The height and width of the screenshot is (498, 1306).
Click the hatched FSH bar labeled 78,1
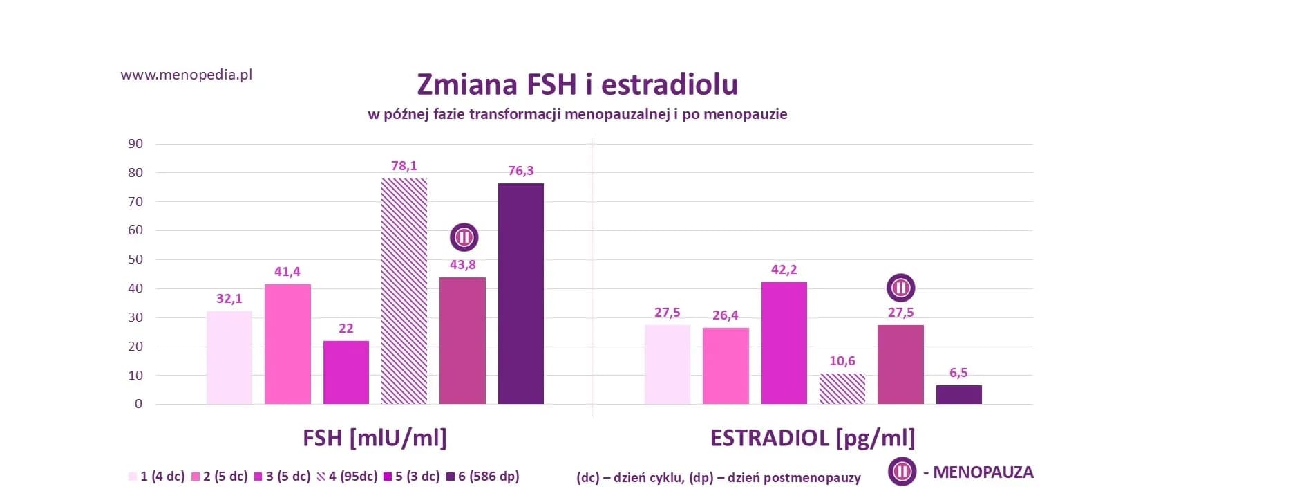(404, 290)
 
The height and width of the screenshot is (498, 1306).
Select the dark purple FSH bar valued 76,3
(520, 294)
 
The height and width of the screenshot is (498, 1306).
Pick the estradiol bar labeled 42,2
(784, 342)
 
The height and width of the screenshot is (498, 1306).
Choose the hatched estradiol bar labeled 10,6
(842, 389)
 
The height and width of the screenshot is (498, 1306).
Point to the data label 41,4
(287, 272)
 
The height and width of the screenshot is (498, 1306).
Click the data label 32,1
(229, 299)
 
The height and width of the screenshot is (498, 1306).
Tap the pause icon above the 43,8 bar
(464, 237)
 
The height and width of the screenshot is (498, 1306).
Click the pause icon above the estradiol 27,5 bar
(900, 288)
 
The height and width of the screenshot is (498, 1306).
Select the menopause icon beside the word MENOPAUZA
(902, 472)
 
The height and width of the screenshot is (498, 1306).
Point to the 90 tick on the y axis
(135, 144)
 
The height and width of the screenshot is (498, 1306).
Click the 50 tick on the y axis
(135, 259)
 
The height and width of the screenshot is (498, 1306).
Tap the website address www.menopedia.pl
(186, 75)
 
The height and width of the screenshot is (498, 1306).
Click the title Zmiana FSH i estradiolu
(577, 84)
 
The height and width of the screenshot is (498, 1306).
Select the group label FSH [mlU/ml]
(375, 438)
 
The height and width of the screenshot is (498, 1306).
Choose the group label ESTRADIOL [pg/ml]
(812, 438)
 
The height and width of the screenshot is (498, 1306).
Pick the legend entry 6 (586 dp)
(483, 477)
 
